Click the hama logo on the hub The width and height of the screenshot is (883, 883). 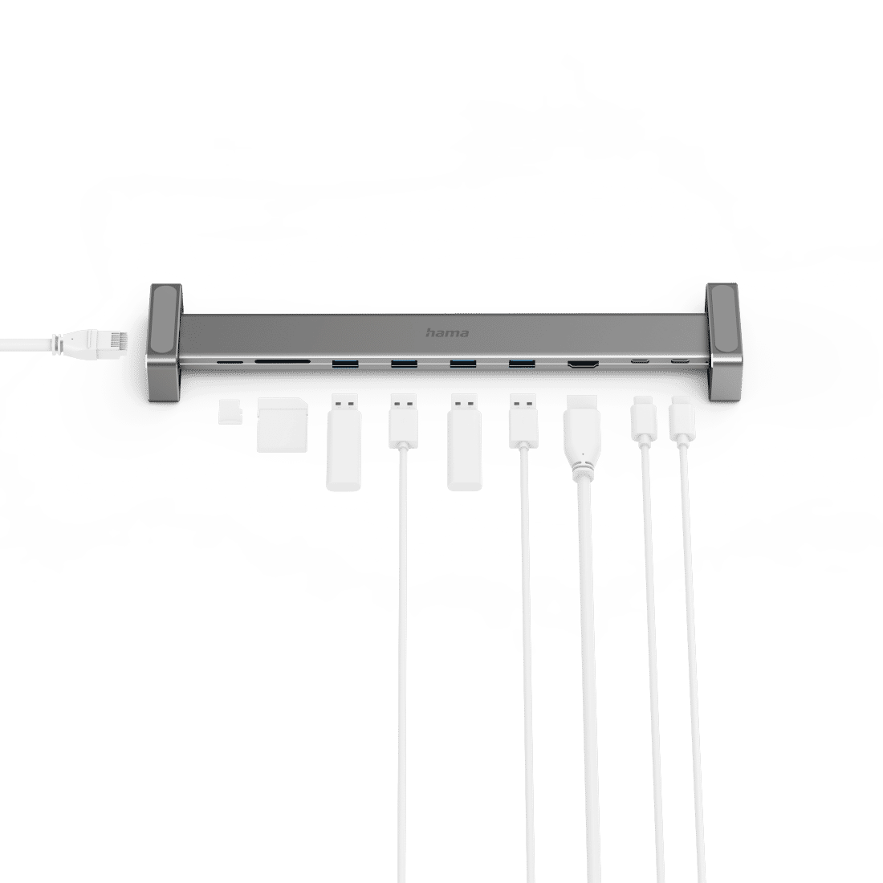[x=447, y=333]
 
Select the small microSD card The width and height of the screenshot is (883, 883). [x=230, y=412]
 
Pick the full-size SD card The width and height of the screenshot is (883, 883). [x=282, y=425]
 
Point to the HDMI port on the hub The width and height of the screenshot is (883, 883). [x=583, y=365]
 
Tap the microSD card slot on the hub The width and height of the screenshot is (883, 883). [x=230, y=363]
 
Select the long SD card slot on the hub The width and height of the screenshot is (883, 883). [x=282, y=362]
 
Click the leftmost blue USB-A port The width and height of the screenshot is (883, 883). [x=345, y=364]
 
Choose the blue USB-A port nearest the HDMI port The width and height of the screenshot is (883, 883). [x=522, y=364]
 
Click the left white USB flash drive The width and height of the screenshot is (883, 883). [x=344, y=442]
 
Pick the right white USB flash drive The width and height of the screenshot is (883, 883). [x=465, y=442]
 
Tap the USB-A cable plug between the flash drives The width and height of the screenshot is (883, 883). [x=403, y=421]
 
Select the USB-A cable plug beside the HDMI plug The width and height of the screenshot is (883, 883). [x=523, y=421]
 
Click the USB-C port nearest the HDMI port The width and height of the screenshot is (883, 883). [x=639, y=360]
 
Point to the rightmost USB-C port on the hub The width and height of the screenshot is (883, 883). [x=680, y=360]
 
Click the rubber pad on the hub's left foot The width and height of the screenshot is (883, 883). [x=165, y=320]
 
